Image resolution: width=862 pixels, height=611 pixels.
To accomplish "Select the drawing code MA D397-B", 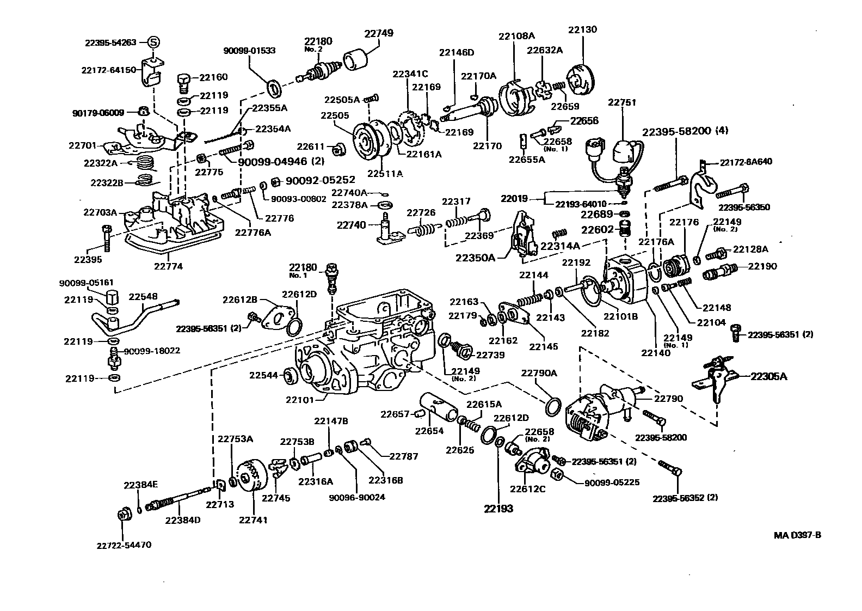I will coord(797,535).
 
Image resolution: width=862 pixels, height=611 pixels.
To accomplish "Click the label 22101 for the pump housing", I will coord(300,399).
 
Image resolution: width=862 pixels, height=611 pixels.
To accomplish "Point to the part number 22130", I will coord(582,29).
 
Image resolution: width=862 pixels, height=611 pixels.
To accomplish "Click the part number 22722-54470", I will coord(124,545).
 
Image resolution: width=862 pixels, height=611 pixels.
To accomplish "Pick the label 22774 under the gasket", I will coord(168,267).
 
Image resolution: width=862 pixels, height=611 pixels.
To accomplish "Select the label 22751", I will coord(622,102).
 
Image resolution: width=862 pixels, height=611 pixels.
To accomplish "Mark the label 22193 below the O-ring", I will coord(498,509).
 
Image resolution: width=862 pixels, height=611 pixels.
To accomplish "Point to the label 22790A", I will coord(539,373).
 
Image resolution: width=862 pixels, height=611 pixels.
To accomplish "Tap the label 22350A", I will coord(475,257).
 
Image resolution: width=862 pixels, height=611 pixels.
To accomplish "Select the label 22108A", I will coord(516,36).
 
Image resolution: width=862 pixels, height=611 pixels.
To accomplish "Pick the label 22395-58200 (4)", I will coord(685,131).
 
